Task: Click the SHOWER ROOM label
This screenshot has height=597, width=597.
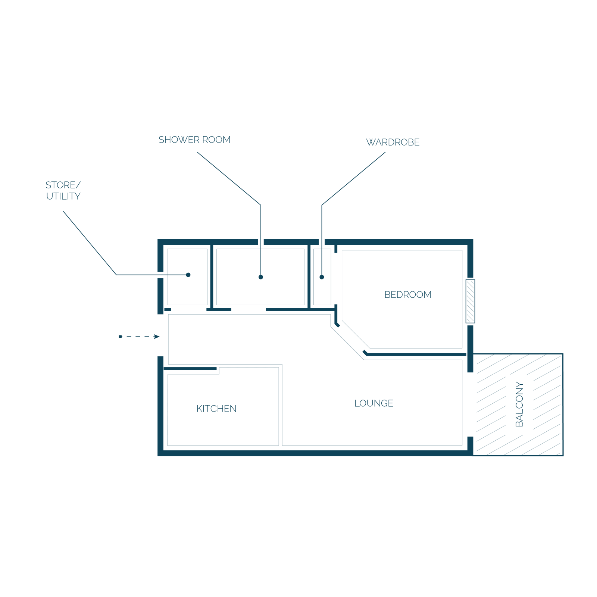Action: tap(194, 140)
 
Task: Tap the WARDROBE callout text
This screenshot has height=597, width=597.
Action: tap(393, 142)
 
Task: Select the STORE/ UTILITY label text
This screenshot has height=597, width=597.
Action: tap(63, 191)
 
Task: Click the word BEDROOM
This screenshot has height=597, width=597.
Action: tap(408, 295)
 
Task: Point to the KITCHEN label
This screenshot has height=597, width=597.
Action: tap(216, 409)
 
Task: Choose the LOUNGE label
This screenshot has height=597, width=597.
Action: tap(374, 403)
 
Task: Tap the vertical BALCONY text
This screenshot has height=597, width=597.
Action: tap(519, 404)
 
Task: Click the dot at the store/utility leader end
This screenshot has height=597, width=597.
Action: tap(188, 275)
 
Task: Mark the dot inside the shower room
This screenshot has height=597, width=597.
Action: tap(261, 277)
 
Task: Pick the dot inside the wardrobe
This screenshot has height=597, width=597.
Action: tap(322, 277)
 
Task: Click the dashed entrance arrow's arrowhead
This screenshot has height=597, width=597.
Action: tap(157, 337)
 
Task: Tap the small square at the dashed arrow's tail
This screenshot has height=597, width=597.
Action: tap(120, 337)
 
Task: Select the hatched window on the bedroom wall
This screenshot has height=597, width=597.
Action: tap(471, 301)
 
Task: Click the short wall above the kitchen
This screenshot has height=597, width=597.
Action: tap(190, 369)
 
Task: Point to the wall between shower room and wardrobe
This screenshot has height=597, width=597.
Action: tap(309, 277)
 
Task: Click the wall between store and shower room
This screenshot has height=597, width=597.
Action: tap(212, 277)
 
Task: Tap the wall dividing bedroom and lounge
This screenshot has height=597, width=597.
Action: tap(415, 354)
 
